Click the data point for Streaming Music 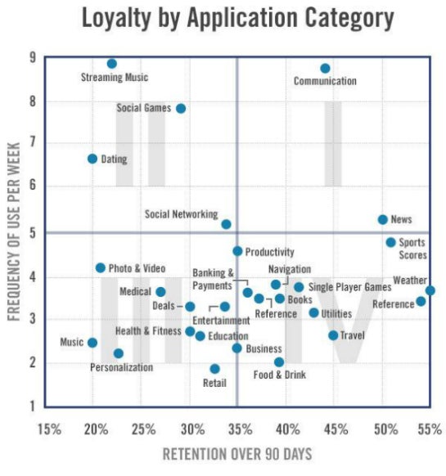(x=112, y=64)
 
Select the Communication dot (x=325, y=69)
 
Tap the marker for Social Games (x=181, y=108)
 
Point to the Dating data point (x=92, y=159)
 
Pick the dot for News (x=382, y=219)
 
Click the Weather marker (x=430, y=290)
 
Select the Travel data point (x=333, y=335)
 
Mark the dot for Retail (x=214, y=369)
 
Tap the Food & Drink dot (x=279, y=361)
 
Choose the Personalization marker (x=119, y=353)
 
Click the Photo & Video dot (x=100, y=267)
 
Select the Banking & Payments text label (x=214, y=279)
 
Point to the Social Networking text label (x=181, y=214)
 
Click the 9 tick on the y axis (x=31, y=58)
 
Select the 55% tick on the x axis (x=432, y=429)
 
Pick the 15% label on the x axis (x=50, y=429)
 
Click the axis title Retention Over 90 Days (x=237, y=454)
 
